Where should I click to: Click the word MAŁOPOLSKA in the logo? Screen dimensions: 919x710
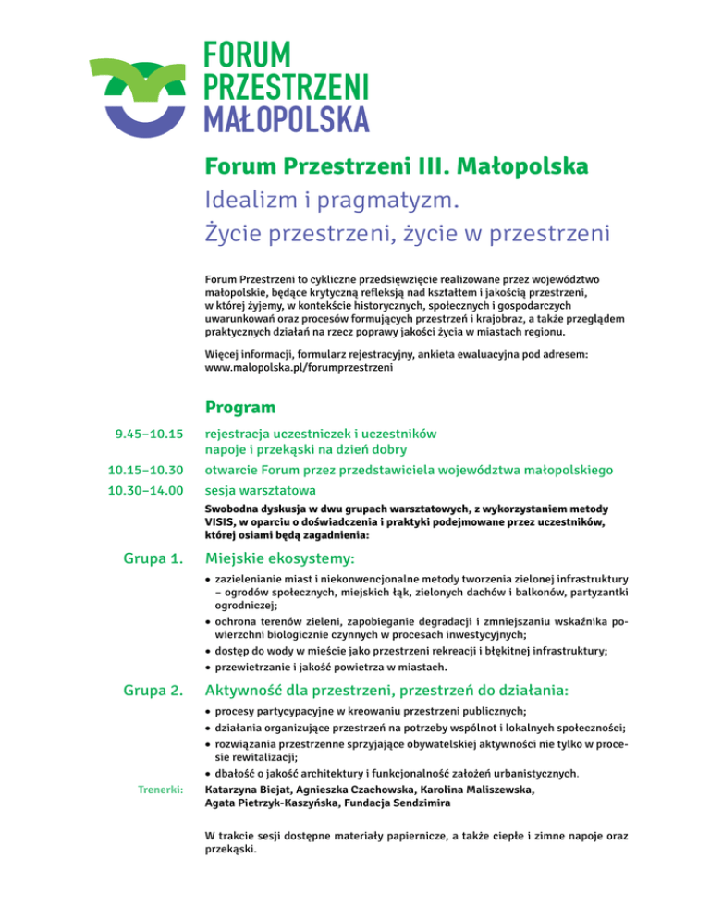click(286, 118)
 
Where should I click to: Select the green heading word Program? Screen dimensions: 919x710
click(240, 407)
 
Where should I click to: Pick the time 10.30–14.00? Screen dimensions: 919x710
click(144, 490)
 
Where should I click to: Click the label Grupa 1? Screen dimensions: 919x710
click(153, 558)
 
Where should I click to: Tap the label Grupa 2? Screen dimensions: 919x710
click(153, 691)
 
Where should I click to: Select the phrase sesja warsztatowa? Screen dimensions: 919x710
click(260, 490)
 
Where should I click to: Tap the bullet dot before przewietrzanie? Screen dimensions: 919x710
click(207, 668)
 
